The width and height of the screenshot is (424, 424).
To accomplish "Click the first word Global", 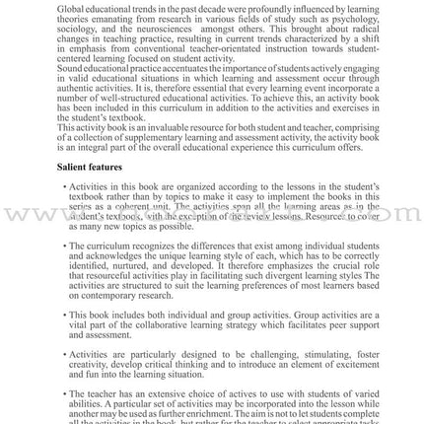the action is click(x=70, y=7).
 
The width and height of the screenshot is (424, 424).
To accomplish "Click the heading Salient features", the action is click(x=90, y=171).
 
